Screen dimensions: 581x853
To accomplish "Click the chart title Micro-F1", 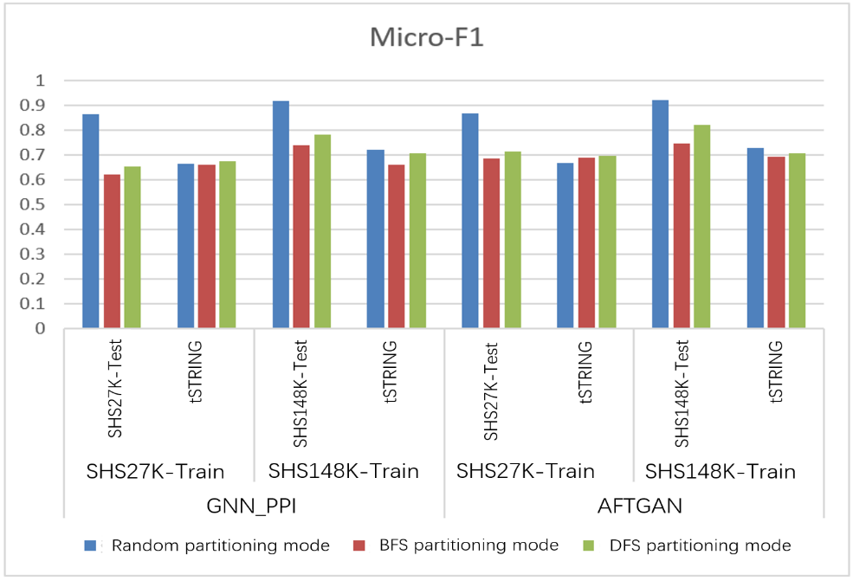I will (x=426, y=38).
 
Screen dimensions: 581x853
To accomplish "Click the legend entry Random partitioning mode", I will (x=220, y=545).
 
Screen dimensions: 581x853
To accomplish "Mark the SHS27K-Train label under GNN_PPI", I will (x=156, y=472).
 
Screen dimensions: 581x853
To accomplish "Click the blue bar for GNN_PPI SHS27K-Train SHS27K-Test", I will (x=91, y=222).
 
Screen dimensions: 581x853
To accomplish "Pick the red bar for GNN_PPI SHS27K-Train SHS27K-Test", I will (x=112, y=252).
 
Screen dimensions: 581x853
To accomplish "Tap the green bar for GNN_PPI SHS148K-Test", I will (x=322, y=232).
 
